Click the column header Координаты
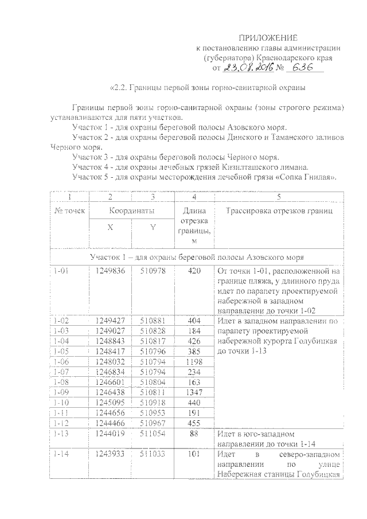pyautogui.click(x=131, y=210)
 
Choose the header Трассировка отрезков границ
pyautogui.click(x=279, y=210)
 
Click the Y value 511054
pyautogui.click(x=153, y=434)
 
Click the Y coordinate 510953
pyautogui.click(x=153, y=414)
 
